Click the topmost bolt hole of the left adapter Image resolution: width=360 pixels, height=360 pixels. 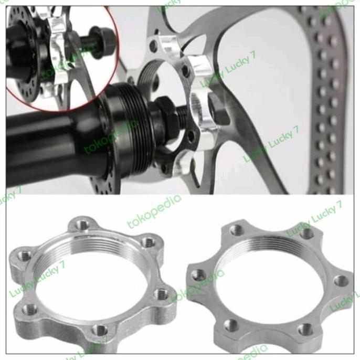point(82,225)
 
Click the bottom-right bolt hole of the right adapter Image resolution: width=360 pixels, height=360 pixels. point(304,329)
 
